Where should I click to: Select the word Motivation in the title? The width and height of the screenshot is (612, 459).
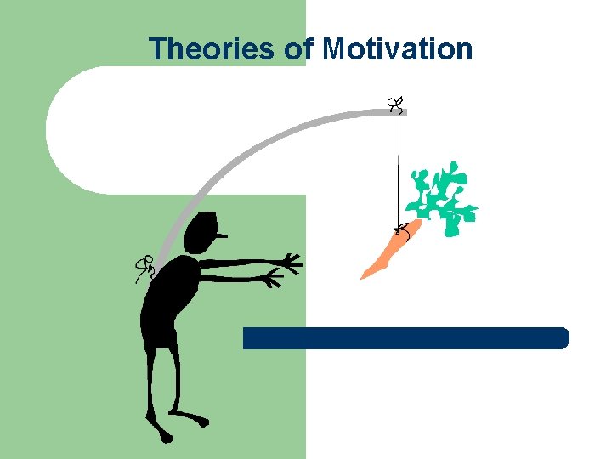click(398, 49)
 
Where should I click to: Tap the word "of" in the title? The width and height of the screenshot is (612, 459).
click(299, 49)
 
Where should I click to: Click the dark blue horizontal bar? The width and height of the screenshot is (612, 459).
click(405, 338)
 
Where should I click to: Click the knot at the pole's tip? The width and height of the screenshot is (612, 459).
click(395, 105)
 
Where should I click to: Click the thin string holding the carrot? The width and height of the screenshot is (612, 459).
click(399, 166)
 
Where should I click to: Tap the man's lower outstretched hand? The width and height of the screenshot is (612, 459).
click(272, 278)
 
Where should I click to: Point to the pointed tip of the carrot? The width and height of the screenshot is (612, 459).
click(365, 276)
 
